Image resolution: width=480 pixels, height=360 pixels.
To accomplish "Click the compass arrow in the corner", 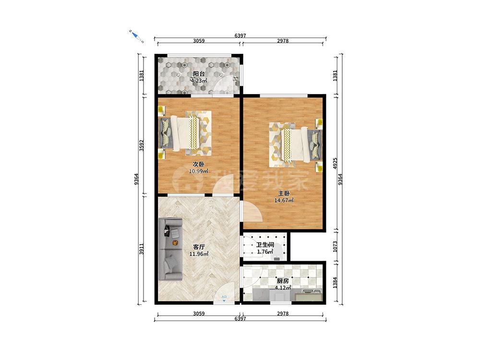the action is point(136,36).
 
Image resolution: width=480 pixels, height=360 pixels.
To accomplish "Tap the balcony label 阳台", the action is point(199,74).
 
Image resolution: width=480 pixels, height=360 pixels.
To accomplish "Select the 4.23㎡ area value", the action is point(199,81).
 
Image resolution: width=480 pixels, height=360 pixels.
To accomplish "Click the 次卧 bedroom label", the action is point(198,164).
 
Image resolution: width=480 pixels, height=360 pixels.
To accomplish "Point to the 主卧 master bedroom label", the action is point(284,193).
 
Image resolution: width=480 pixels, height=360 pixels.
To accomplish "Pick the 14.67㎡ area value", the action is point(284,201).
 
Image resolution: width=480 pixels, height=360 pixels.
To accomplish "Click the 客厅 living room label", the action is point(199,247).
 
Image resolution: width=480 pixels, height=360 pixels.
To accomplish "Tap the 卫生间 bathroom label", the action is point(265,245).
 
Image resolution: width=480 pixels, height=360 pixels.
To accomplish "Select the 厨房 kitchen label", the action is point(283,281).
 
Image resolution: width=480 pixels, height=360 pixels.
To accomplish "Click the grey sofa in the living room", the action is point(171,249).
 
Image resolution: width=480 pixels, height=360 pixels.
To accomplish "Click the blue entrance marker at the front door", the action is point(224,298).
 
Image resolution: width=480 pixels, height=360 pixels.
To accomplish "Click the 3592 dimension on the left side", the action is point(142,146).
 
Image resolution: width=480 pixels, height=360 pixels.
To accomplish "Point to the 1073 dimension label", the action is point(335,247).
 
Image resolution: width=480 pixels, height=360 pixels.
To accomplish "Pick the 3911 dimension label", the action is point(142,249).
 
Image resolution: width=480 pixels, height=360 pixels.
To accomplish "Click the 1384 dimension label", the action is point(335,283).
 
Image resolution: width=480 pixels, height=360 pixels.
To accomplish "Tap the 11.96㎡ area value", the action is point(199,254).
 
